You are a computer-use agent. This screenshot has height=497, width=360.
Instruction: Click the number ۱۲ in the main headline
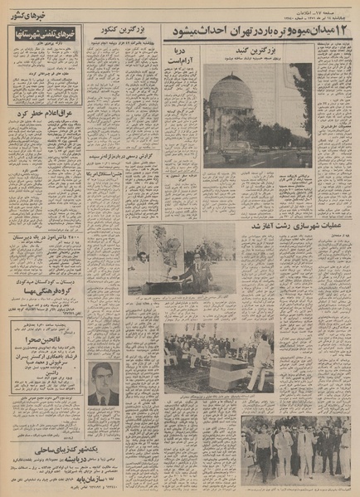(344, 31)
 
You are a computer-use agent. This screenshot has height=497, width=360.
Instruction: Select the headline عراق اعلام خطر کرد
(37, 113)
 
